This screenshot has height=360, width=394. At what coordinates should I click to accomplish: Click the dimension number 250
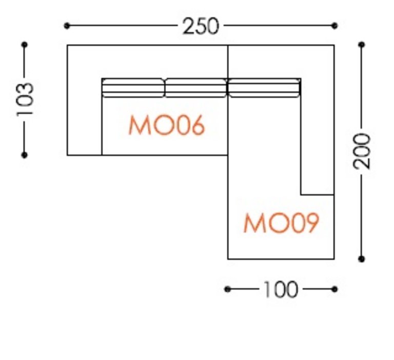201,26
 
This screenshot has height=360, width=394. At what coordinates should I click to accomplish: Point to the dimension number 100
280,290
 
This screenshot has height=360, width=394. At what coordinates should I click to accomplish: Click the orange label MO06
167,126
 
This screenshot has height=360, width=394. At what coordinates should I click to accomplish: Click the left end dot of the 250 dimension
67,25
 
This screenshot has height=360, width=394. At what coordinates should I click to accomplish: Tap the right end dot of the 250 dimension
335,25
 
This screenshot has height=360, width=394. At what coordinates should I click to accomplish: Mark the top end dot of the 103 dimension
25,45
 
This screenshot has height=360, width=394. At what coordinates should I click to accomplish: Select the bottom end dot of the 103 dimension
25,155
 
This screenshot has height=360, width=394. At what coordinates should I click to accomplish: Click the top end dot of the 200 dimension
362,45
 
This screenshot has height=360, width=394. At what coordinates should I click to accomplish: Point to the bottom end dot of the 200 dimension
362,259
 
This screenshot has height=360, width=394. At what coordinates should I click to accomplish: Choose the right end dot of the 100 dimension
334,289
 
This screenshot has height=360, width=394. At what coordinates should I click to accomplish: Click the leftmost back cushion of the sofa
133,88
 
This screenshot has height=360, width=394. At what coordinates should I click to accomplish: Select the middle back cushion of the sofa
195,88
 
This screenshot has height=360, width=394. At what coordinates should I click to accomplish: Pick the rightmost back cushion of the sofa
264,88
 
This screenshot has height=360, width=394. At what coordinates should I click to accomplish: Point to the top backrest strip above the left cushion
133,62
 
